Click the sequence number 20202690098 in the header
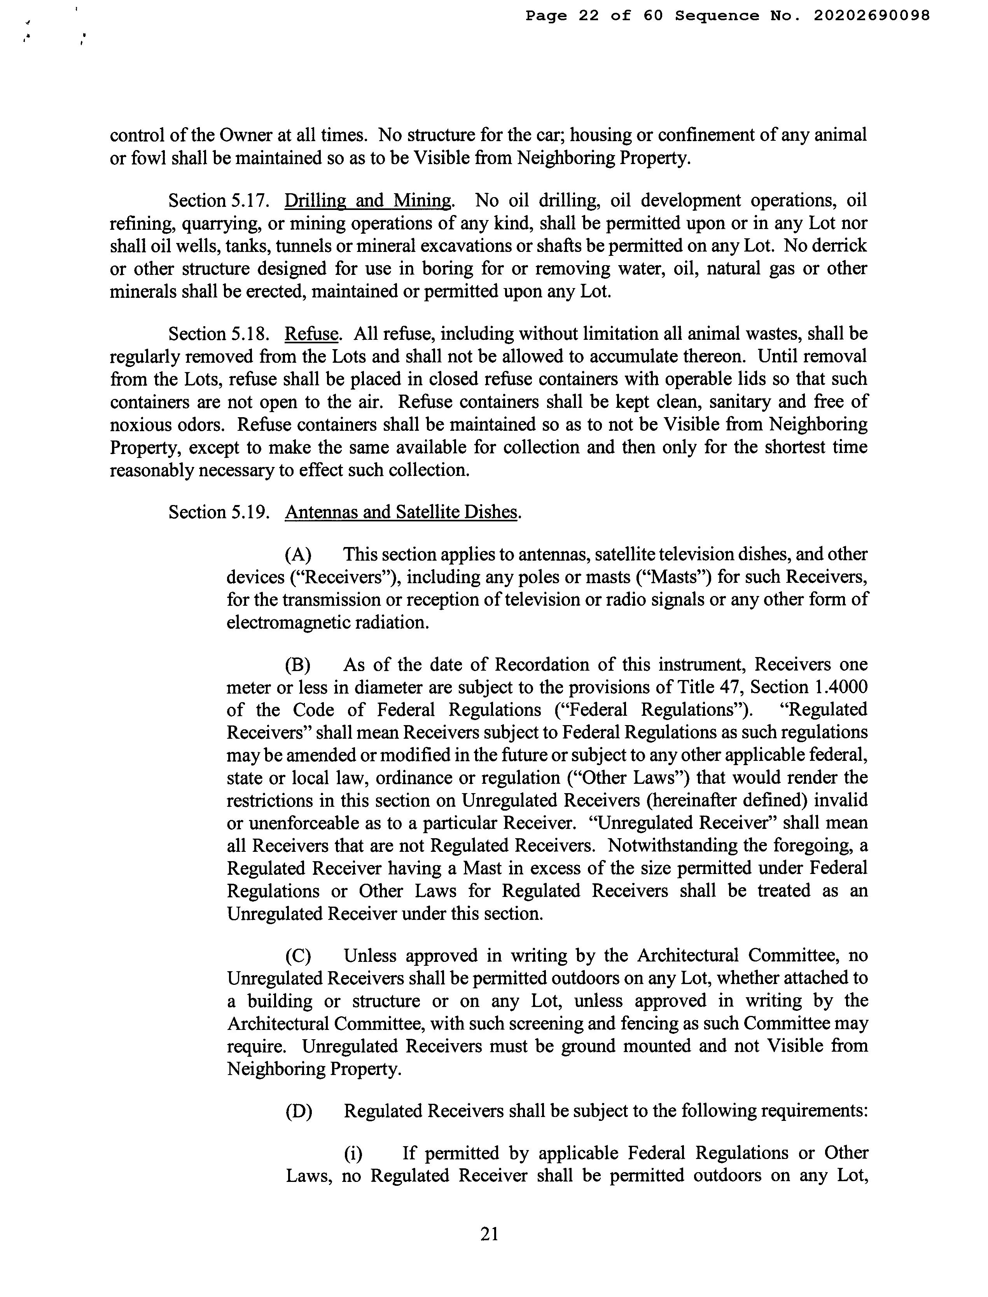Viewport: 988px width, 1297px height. tap(872, 16)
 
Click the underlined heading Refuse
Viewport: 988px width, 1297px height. tap(312, 334)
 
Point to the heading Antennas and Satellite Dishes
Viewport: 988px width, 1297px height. tap(402, 512)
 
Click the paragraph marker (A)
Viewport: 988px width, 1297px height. tap(298, 554)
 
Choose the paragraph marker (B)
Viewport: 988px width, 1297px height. tap(298, 664)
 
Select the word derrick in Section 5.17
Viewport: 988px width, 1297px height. tap(840, 246)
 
